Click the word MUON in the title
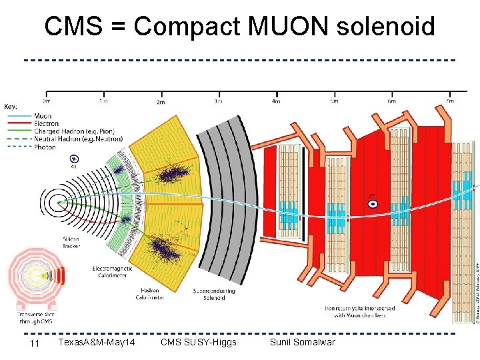289,27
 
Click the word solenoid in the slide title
386,27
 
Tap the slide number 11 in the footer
35,343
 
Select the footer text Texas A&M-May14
97,342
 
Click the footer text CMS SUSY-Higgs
199,342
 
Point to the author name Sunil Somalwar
302,342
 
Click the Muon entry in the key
43,116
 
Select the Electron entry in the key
46,123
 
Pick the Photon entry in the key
45,147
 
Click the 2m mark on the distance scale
161,102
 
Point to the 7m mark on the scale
449,101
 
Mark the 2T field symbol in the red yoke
373,203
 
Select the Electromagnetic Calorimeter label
112,271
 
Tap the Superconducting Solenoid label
209,294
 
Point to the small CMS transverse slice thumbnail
35,281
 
